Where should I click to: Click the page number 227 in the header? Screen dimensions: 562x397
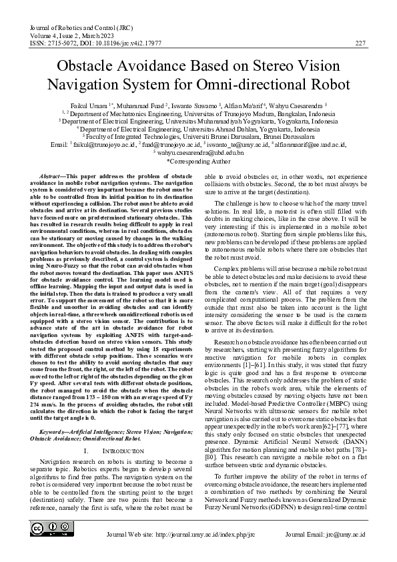pyautogui.click(x=360, y=43)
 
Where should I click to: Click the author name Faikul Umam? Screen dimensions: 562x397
pyautogui.click(x=91, y=106)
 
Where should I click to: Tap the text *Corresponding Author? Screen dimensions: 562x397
pyautogui.click(x=198, y=161)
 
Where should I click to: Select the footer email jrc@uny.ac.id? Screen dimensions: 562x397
pyautogui.click(x=345, y=534)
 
